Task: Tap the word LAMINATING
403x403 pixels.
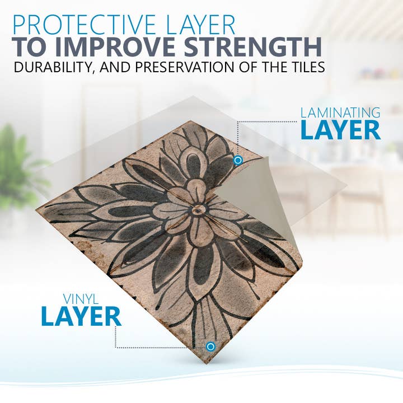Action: tap(340, 112)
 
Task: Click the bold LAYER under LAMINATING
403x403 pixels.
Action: tap(340, 130)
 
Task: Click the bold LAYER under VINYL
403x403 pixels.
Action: tap(81, 317)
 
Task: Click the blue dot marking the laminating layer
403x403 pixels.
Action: tap(238, 161)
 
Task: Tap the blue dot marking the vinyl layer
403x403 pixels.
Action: tap(210, 346)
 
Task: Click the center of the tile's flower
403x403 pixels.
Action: tap(197, 210)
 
